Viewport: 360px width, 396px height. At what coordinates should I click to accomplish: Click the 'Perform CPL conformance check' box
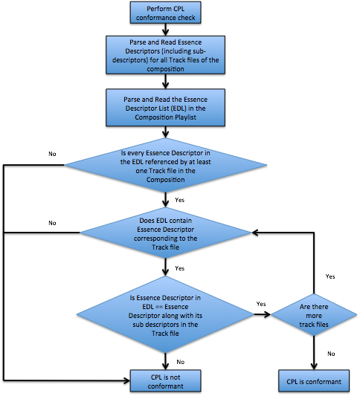[165, 13]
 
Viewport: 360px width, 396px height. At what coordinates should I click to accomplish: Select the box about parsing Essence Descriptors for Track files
[165, 55]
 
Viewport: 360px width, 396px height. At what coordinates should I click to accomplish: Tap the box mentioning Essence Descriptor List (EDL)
[165, 108]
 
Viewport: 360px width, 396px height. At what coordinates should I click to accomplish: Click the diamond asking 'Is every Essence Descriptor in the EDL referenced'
[166, 165]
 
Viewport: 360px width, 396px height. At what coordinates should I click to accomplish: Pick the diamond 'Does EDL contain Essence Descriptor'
[166, 233]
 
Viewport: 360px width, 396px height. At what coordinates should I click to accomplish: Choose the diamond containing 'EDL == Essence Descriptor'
[165, 315]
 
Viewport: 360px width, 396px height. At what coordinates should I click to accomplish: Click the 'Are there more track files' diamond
[314, 315]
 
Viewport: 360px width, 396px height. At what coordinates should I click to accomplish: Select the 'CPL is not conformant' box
[165, 381]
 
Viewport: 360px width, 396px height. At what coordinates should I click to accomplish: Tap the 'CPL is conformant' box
[314, 381]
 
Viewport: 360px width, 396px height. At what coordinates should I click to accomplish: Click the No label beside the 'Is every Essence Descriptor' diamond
[52, 154]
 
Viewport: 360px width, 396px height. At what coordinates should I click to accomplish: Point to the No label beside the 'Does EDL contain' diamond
[52, 223]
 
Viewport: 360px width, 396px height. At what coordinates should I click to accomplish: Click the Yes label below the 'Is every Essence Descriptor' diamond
[180, 200]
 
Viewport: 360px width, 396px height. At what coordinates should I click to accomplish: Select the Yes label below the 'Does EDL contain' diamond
[180, 268]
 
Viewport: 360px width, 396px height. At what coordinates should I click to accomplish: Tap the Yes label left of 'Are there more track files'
[261, 304]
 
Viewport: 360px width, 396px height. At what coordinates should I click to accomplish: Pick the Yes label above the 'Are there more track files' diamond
[330, 276]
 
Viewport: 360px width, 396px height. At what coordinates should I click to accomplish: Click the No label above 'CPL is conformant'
[331, 354]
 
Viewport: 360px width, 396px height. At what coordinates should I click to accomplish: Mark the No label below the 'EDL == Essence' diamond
[181, 362]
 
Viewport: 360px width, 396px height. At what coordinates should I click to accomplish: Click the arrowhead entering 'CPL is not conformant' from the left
[126, 380]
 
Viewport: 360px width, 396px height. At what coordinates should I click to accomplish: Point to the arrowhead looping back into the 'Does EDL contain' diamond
[255, 233]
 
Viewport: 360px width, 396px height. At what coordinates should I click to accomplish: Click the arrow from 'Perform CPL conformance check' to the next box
[165, 30]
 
